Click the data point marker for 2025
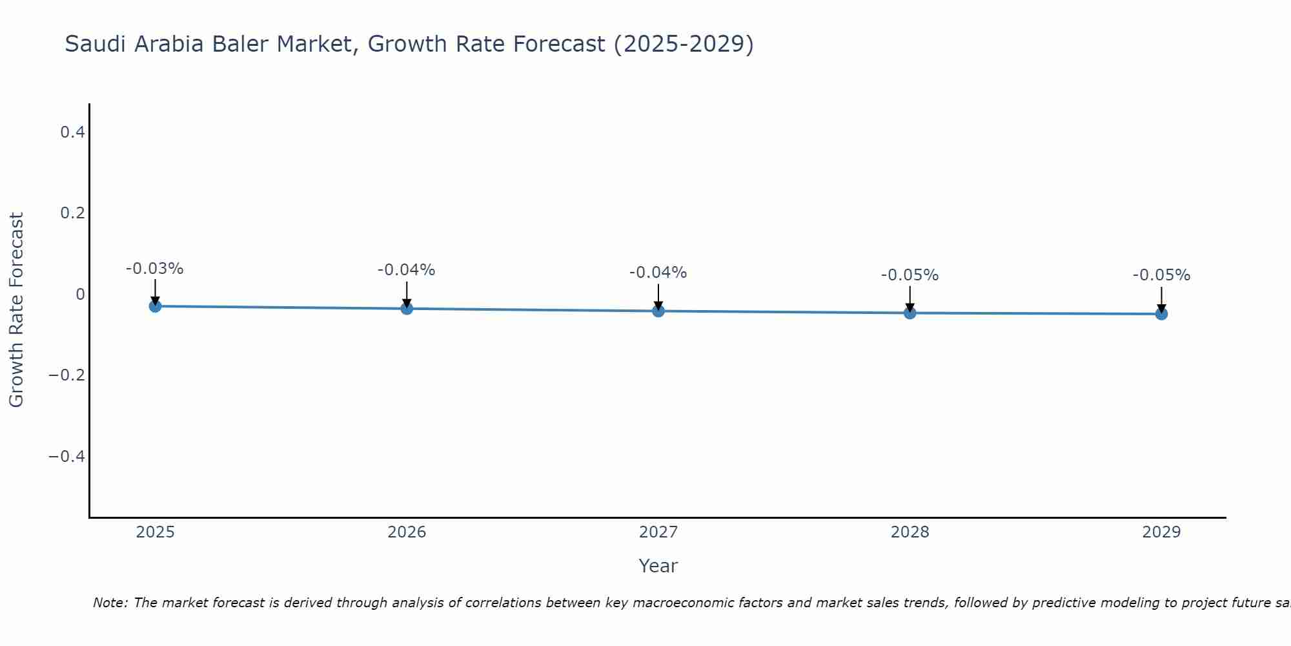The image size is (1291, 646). [155, 306]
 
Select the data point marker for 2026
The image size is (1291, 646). [407, 309]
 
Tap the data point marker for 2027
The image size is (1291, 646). [658, 311]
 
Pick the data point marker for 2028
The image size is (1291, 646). [910, 313]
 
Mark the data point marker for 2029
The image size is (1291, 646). [1161, 314]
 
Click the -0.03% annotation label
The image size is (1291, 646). [155, 269]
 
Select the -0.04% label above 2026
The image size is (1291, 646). [407, 270]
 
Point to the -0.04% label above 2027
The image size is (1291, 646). [658, 273]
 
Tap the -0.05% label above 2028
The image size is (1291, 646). [910, 275]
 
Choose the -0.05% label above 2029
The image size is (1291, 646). [1161, 275]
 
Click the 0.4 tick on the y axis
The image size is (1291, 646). [72, 132]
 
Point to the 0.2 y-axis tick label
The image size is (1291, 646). [72, 213]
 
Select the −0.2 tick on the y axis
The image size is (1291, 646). [67, 375]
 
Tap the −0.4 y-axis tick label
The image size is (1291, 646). [67, 457]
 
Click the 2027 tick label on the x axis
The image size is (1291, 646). [658, 532]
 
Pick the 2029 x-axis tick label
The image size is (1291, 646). [1161, 532]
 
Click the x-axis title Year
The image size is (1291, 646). [658, 566]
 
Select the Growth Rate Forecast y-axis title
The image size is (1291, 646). [16, 310]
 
